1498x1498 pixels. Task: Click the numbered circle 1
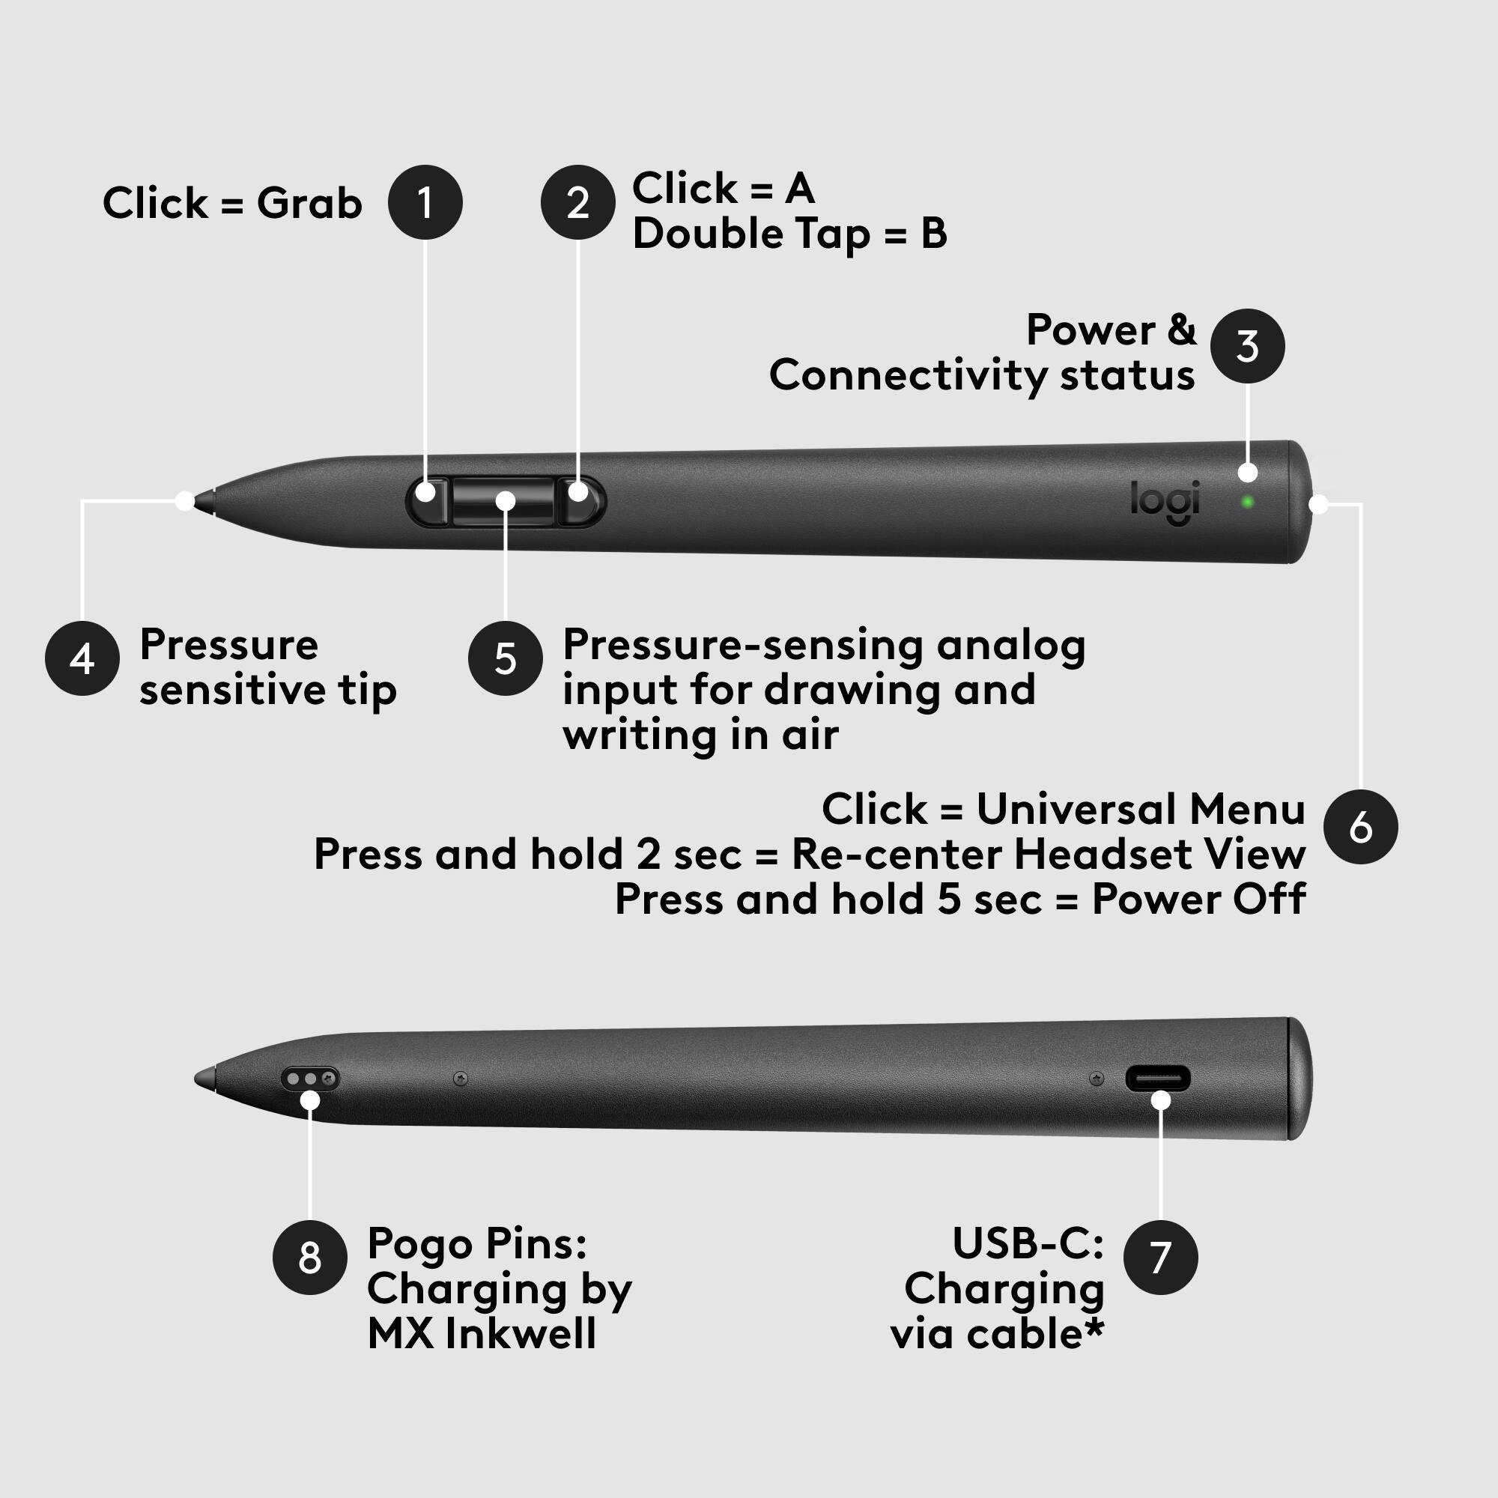pos(425,202)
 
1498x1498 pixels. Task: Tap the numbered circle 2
pos(577,202)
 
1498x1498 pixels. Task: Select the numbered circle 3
pos(1247,346)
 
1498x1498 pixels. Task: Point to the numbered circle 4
pos(82,658)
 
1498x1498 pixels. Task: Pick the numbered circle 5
pos(506,658)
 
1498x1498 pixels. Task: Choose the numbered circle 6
pos(1361,827)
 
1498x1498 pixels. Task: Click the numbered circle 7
pos(1160,1257)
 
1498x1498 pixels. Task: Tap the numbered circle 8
pos(309,1257)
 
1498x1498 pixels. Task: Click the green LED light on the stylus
pos(1247,503)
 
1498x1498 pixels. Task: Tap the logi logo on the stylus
pos(1165,500)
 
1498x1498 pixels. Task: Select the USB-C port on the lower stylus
pos(1158,1079)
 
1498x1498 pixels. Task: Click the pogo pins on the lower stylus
pos(309,1079)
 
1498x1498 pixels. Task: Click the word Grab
pos(309,203)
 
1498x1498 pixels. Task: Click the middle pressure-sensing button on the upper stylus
pos(504,501)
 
